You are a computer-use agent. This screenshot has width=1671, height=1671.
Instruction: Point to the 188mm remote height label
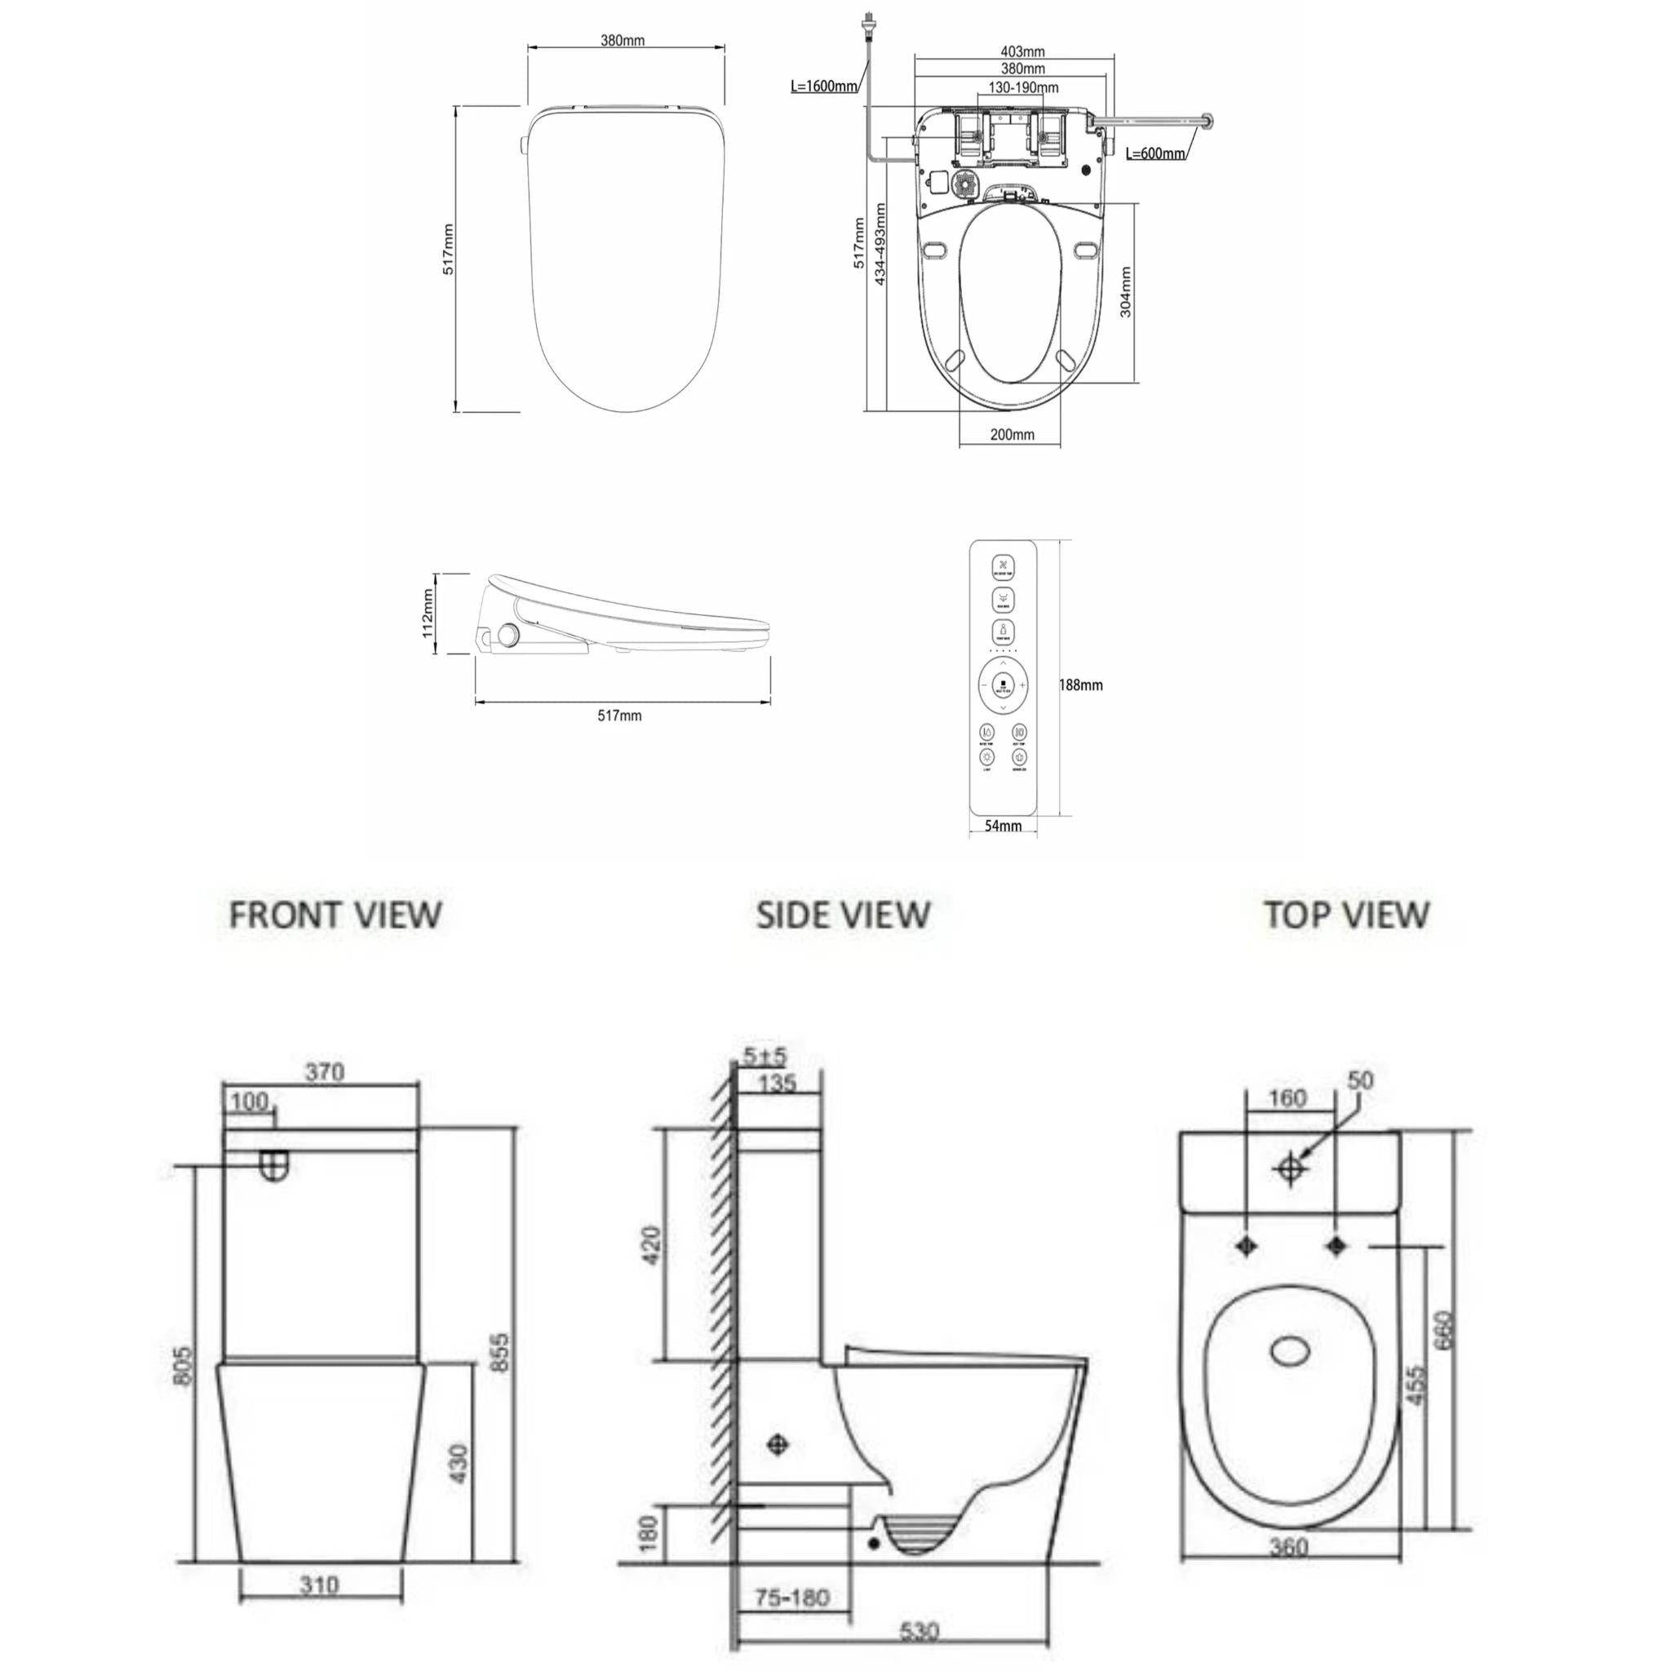[x=1081, y=685]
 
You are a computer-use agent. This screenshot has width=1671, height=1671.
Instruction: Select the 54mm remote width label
[x=1004, y=826]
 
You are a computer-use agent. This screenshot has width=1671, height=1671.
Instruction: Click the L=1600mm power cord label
[x=824, y=86]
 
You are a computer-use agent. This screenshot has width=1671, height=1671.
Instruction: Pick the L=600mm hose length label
[x=1155, y=154]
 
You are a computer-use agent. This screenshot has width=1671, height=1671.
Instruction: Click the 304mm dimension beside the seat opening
[x=1125, y=291]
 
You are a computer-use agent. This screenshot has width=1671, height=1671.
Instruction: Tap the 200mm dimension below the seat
[x=1012, y=434]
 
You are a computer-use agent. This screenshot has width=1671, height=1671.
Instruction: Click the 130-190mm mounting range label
[x=1023, y=87]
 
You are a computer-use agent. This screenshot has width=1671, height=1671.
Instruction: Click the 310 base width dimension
[x=320, y=1585]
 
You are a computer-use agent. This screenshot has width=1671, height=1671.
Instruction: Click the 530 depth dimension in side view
[x=919, y=1632]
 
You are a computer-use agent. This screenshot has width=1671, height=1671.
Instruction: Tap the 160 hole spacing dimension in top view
[x=1286, y=1097]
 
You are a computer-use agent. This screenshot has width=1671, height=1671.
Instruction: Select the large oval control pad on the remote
[x=1004, y=686]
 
